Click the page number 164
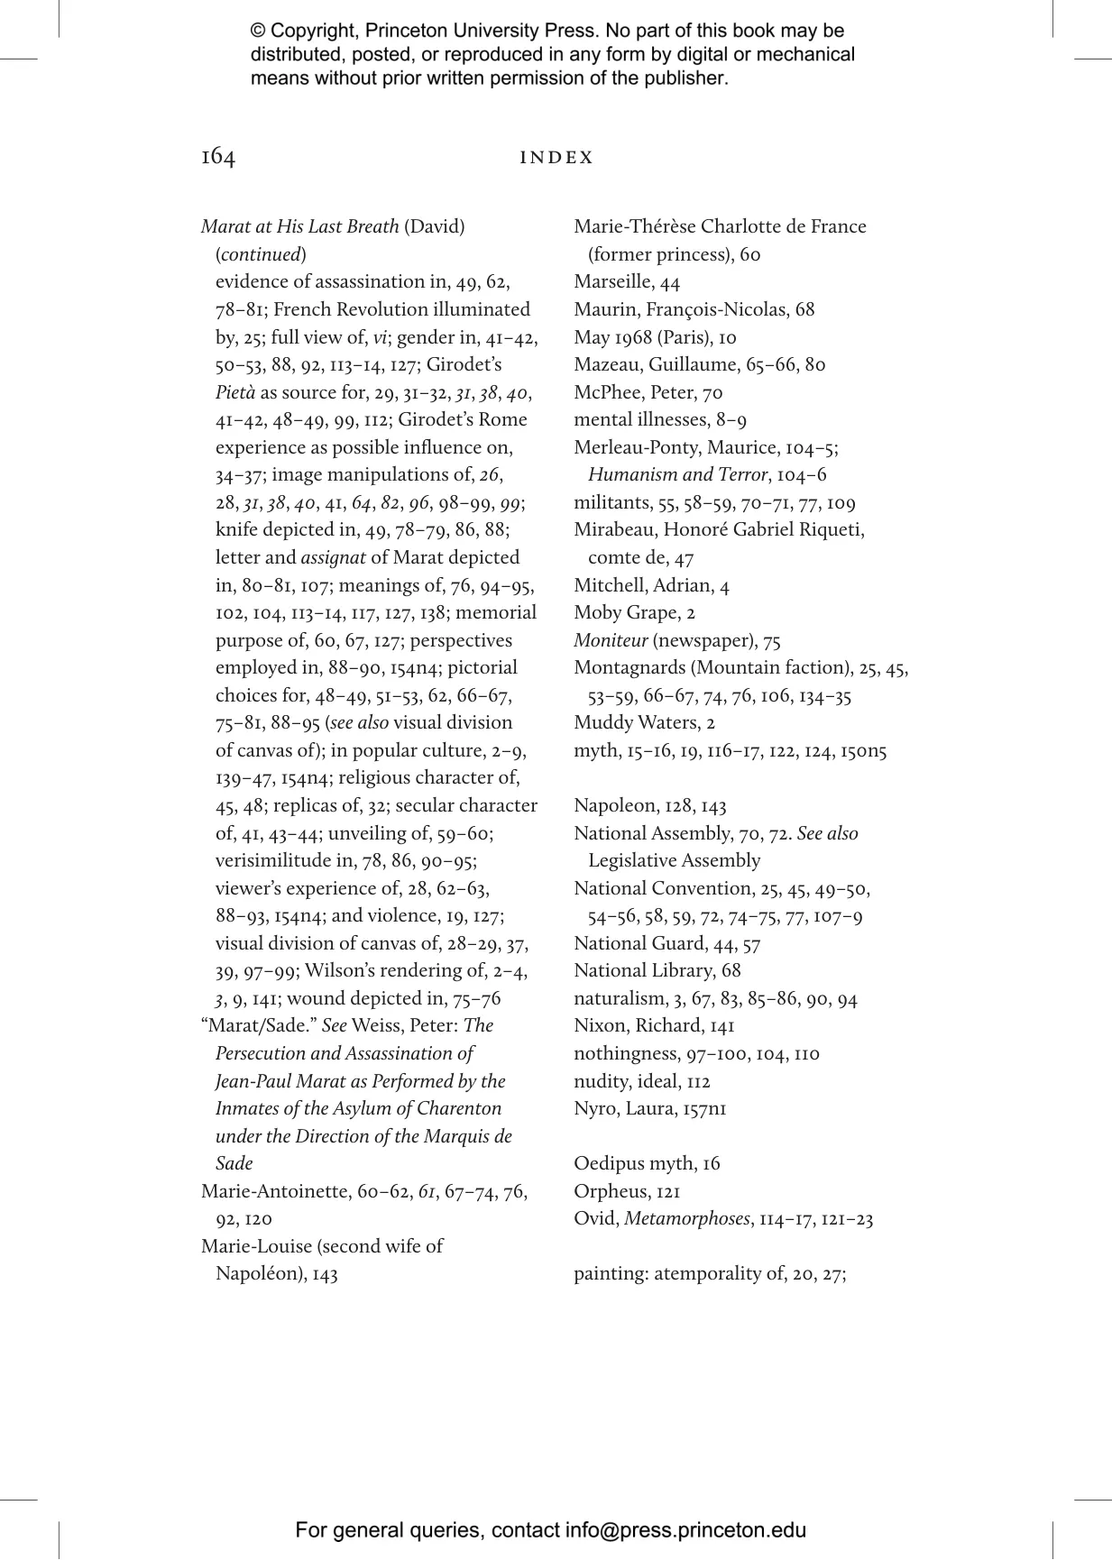pyautogui.click(x=218, y=158)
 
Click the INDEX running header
pyautogui.click(x=556, y=158)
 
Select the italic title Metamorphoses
pyautogui.click(x=687, y=1219)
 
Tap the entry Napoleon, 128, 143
pyautogui.click(x=649, y=806)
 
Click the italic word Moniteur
pyautogui.click(x=611, y=641)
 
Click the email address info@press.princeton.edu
pyautogui.click(x=685, y=1530)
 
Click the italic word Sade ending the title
pyautogui.click(x=234, y=1164)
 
